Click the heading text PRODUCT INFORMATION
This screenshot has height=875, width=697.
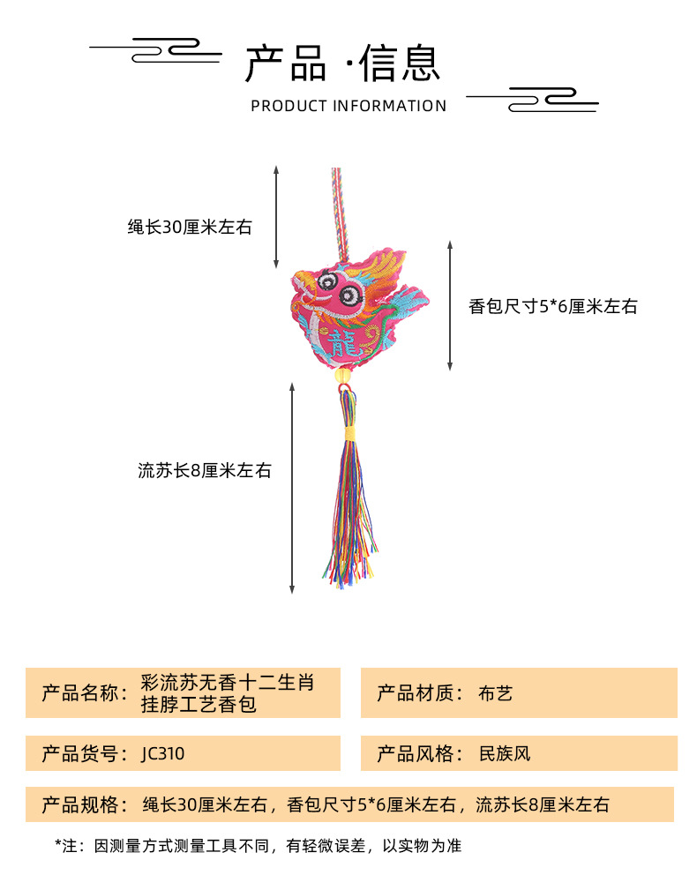(x=348, y=106)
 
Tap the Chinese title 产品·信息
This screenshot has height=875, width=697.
(x=342, y=64)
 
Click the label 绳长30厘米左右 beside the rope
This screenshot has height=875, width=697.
(x=190, y=228)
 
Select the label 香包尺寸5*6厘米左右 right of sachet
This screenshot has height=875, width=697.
(x=552, y=307)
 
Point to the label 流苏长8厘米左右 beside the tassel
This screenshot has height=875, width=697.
(x=204, y=471)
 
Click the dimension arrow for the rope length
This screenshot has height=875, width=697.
(x=276, y=216)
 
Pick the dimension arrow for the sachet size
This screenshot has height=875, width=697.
(x=450, y=305)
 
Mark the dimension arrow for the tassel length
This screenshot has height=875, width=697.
(x=292, y=487)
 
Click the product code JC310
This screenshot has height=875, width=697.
(x=163, y=754)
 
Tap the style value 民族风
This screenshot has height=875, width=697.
(x=505, y=754)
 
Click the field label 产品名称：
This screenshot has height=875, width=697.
(x=85, y=693)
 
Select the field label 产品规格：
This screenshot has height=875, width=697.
(x=85, y=804)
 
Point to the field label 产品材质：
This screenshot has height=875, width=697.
(x=420, y=693)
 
